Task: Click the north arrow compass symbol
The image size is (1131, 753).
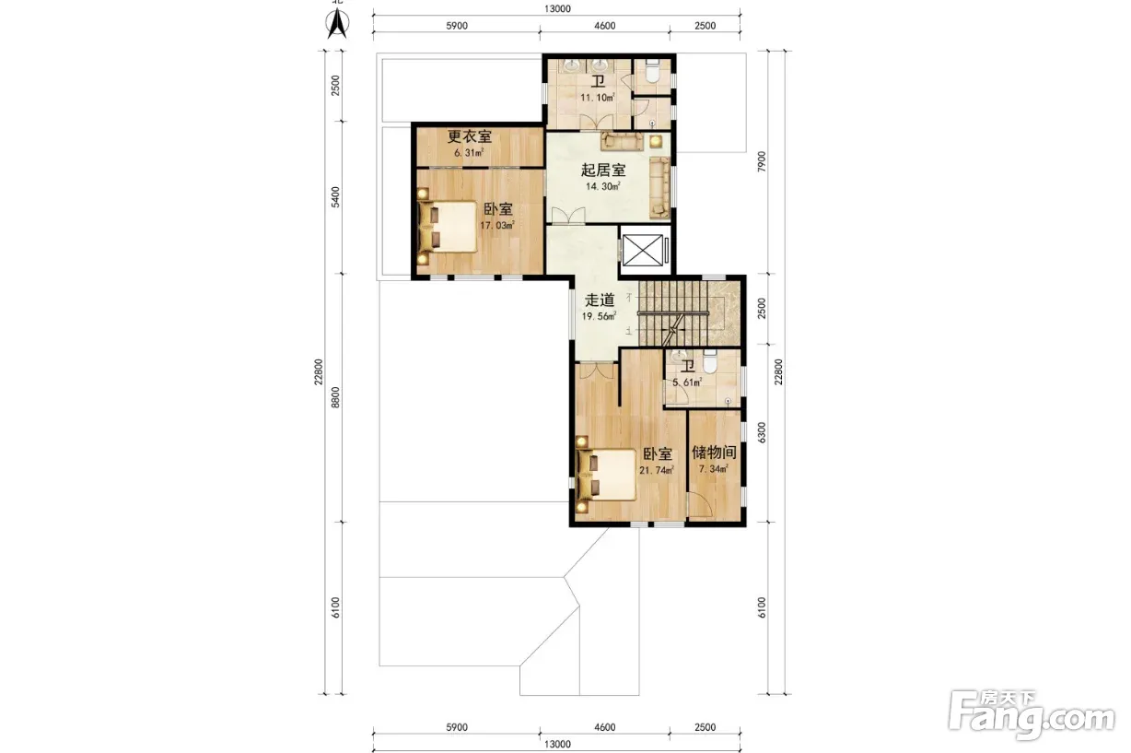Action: [337, 23]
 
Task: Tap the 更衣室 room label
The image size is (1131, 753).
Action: [470, 136]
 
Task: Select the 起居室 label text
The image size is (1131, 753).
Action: [603, 170]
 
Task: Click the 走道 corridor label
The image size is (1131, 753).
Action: [600, 300]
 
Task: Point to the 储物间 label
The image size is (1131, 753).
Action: [714, 453]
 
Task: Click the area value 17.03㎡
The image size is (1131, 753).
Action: [497, 225]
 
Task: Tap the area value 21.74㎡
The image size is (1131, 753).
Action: [657, 470]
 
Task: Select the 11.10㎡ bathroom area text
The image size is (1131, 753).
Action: [598, 97]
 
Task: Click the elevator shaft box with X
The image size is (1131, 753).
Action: [643, 250]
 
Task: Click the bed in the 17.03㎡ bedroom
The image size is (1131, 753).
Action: [449, 227]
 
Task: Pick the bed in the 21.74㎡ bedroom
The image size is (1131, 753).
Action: [606, 475]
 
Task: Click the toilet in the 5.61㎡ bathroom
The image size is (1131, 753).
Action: [710, 362]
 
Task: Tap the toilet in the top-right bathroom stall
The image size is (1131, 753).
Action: [653, 72]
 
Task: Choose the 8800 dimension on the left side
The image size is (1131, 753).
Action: [335, 397]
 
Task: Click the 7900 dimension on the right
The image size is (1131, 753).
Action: [762, 161]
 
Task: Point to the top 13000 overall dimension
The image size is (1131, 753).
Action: [557, 8]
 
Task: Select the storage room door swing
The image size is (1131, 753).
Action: [701, 504]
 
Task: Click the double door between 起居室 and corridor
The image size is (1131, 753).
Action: [568, 216]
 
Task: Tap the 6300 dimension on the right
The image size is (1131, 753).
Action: [762, 432]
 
